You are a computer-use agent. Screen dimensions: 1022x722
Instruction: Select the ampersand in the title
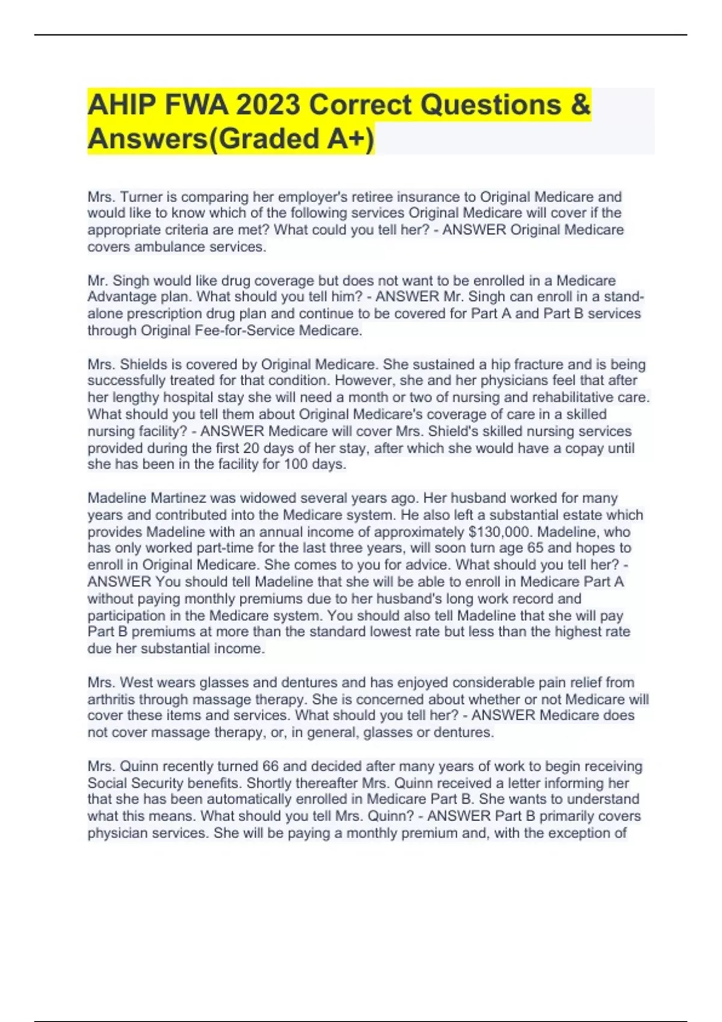pyautogui.click(x=579, y=105)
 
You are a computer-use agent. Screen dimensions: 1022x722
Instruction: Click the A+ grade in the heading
pyautogui.click(x=347, y=139)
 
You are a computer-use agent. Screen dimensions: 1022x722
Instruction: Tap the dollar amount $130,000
pyautogui.click(x=499, y=531)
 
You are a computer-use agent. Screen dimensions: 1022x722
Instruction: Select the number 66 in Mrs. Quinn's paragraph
pyautogui.click(x=270, y=766)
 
